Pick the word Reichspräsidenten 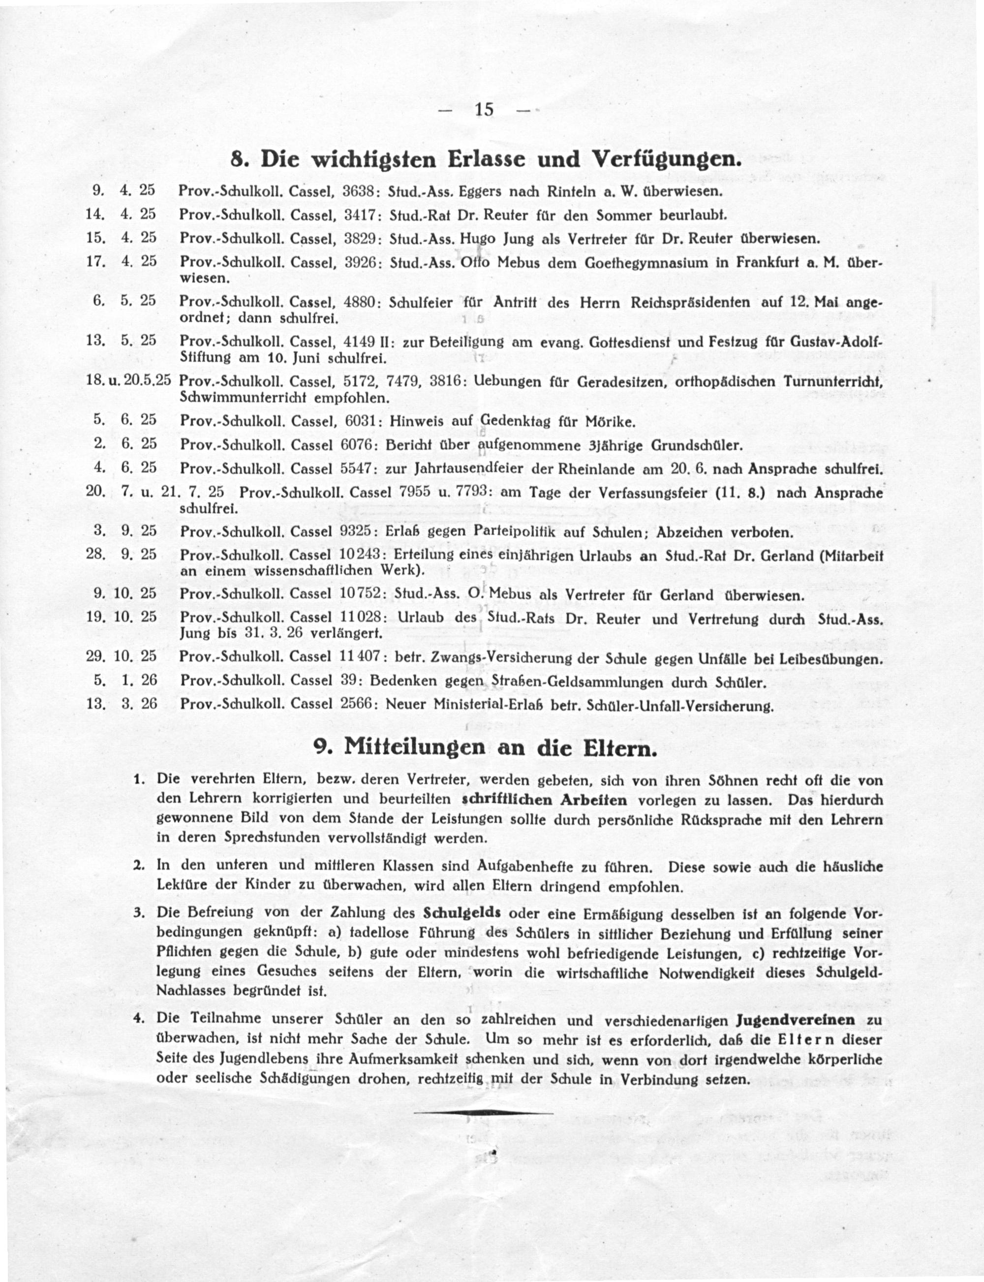point(691,303)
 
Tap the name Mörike point(609,421)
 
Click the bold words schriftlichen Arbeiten point(545,800)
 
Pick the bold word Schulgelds point(461,913)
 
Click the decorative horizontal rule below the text point(484,1112)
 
